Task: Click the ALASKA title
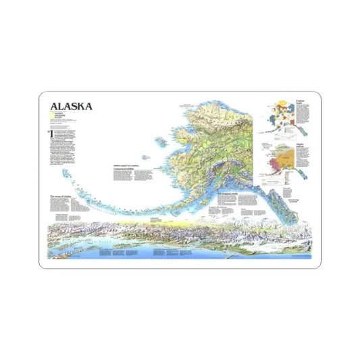pos(70,106)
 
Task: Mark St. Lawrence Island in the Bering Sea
pos(161,140)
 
